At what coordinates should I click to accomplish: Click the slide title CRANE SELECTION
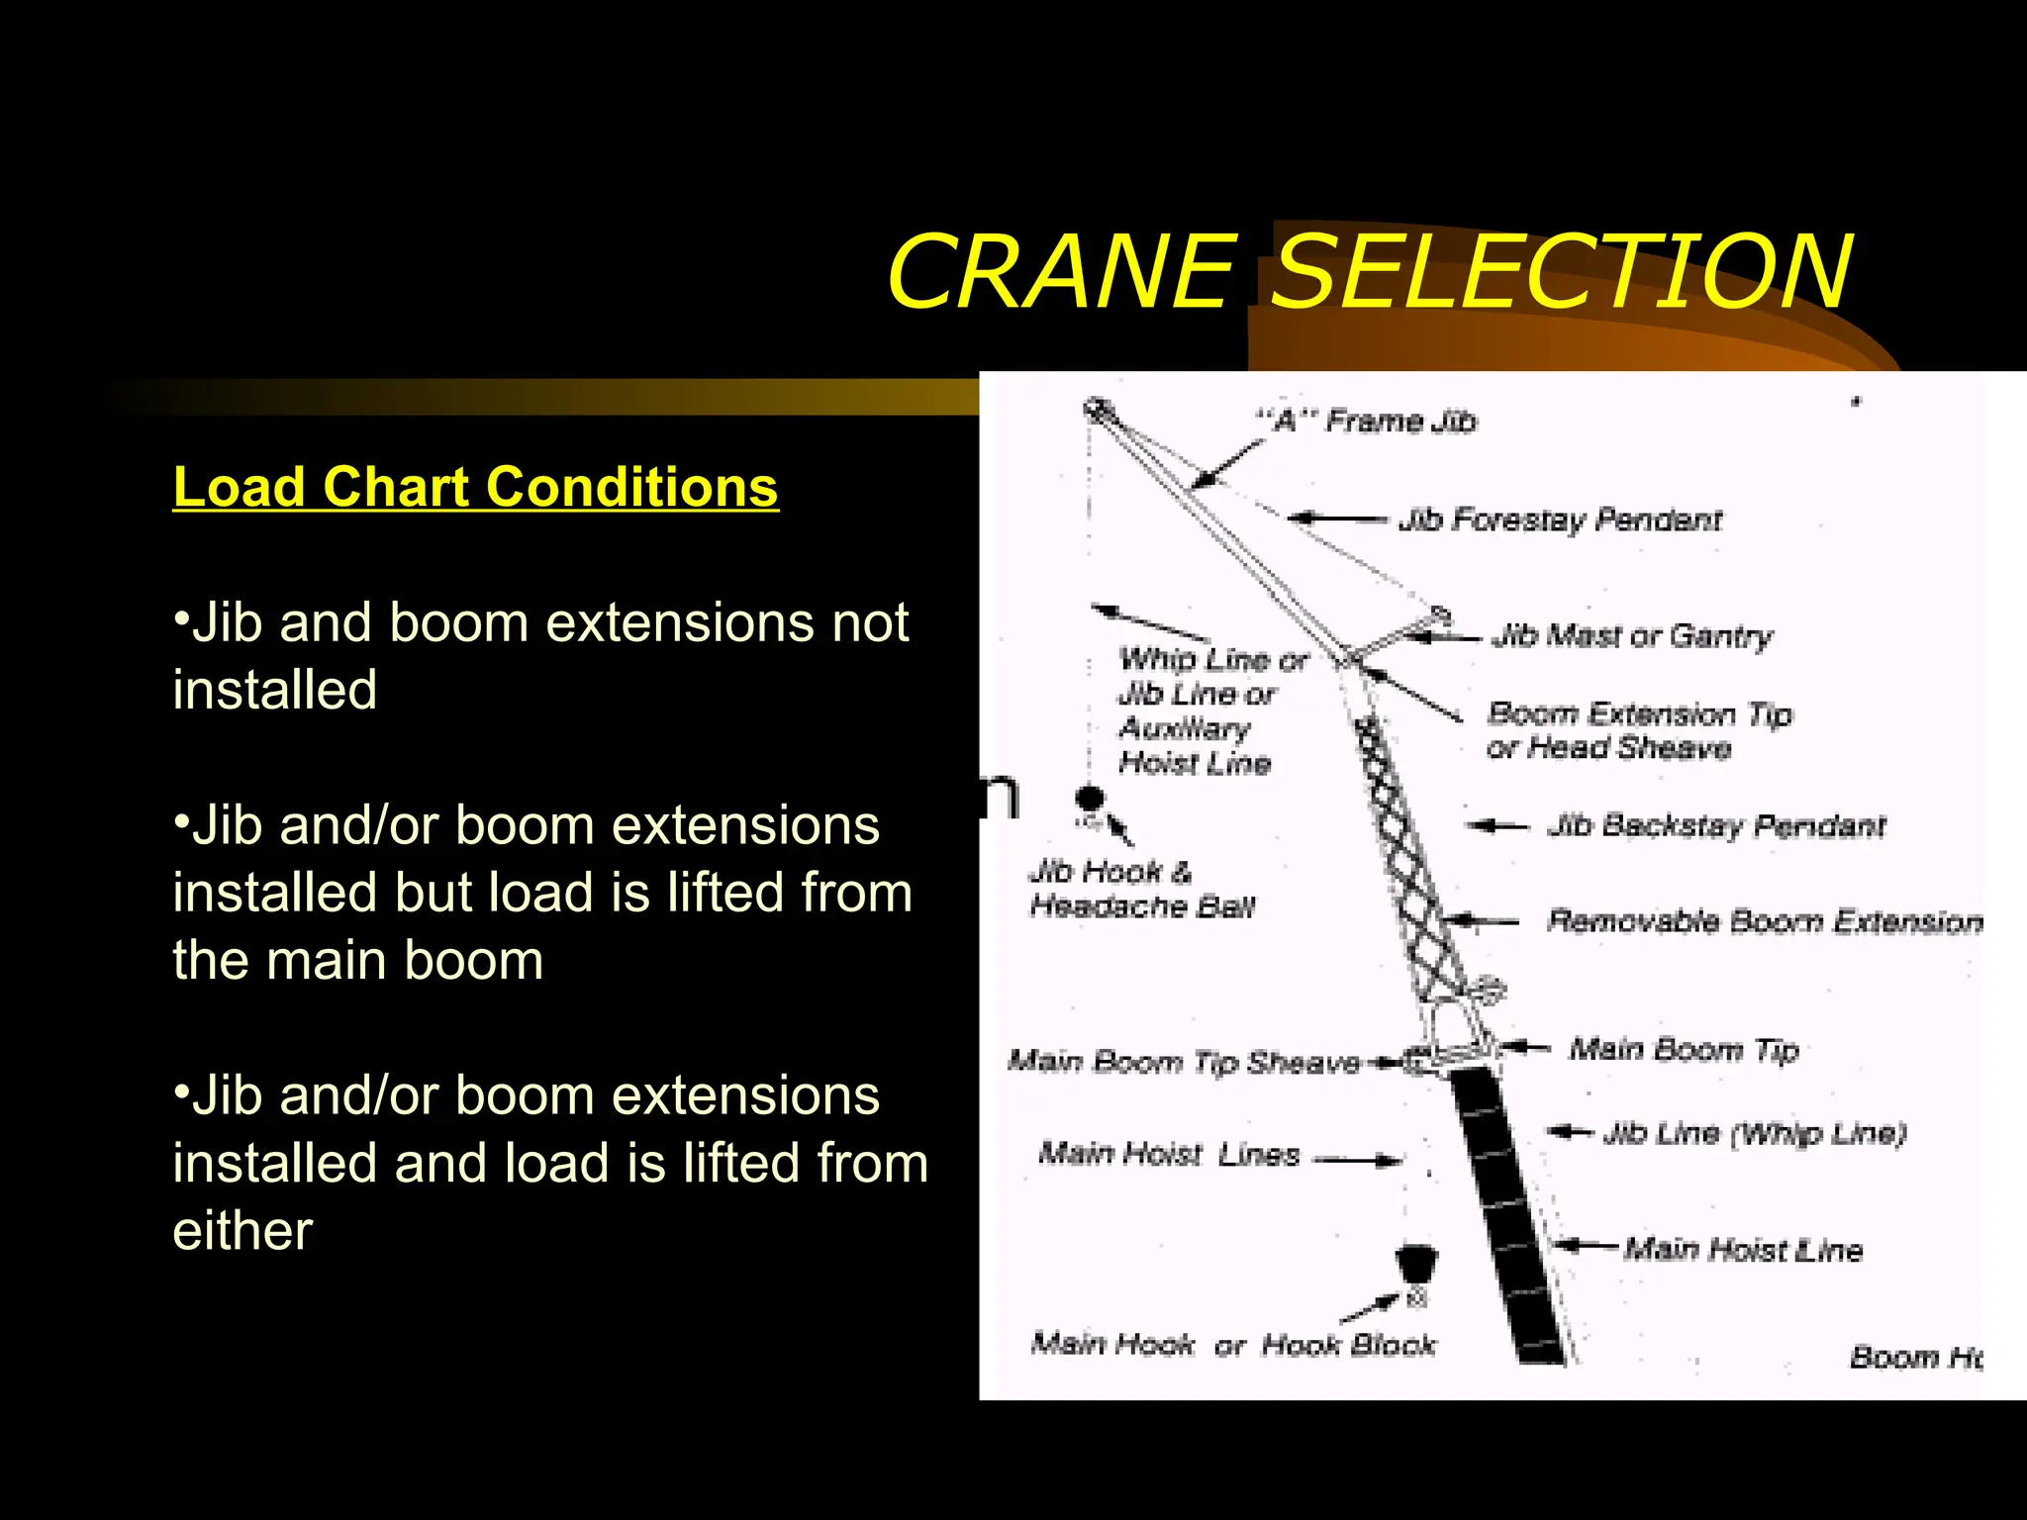click(x=1369, y=271)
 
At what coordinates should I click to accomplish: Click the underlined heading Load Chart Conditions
click(x=475, y=488)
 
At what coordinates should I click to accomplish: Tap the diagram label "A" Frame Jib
click(x=1367, y=422)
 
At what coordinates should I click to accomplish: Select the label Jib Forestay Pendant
click(x=1560, y=520)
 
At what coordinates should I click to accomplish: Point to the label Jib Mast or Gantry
click(x=1632, y=635)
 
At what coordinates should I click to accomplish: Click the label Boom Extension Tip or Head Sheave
click(x=1638, y=730)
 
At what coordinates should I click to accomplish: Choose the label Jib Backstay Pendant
click(x=1716, y=825)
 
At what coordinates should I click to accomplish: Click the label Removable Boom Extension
click(x=1764, y=921)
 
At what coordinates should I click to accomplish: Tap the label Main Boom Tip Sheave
click(x=1184, y=1062)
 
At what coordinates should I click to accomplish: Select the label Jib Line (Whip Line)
click(x=1754, y=1133)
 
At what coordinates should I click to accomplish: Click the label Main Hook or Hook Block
click(x=1232, y=1344)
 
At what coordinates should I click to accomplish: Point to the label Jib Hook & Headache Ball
click(x=1140, y=889)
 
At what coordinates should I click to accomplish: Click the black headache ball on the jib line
click(x=1090, y=798)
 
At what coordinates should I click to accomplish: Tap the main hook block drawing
click(x=1415, y=1267)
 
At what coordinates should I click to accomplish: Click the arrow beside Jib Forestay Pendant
click(x=1336, y=518)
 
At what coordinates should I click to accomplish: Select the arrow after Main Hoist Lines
click(x=1358, y=1159)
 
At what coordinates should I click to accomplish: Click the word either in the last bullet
click(x=242, y=1231)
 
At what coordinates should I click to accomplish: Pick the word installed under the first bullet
click(x=275, y=690)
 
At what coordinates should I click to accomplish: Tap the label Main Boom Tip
click(x=1683, y=1049)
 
